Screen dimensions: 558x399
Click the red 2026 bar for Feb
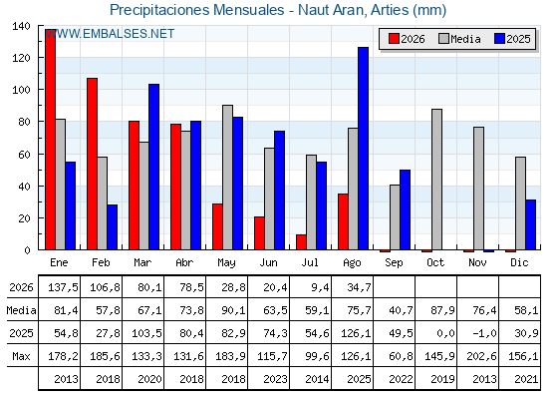point(92,164)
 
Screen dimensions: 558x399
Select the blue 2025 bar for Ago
point(364,149)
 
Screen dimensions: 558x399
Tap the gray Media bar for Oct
point(437,180)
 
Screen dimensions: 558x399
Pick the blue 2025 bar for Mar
point(154,167)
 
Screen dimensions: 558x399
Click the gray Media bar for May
point(228,178)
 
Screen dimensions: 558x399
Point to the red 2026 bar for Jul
point(301,242)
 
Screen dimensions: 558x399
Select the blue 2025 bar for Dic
point(530,224)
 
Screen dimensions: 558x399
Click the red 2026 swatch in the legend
point(394,39)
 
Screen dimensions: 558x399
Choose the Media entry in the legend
point(460,39)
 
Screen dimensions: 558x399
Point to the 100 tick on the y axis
point(21,90)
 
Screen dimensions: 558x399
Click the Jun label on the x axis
point(268,262)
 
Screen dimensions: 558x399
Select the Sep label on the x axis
point(394,262)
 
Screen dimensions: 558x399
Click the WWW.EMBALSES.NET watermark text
point(110,34)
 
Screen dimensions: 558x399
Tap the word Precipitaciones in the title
point(160,10)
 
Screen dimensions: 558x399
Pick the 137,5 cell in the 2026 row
point(63,287)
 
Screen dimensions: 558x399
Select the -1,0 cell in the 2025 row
point(484,333)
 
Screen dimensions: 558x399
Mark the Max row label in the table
point(21,356)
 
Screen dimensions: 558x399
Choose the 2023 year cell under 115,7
point(275,379)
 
